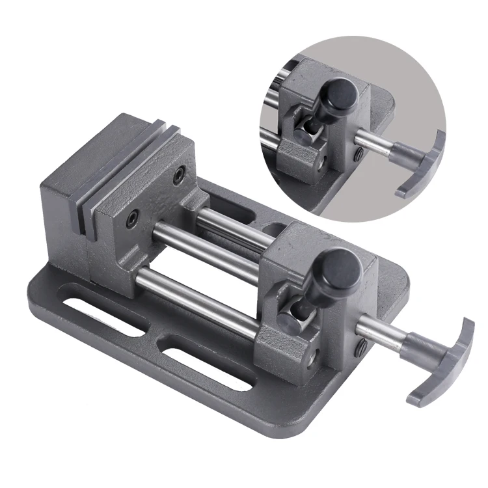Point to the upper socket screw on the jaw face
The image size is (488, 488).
179,173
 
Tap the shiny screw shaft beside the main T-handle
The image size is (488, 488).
384,329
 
